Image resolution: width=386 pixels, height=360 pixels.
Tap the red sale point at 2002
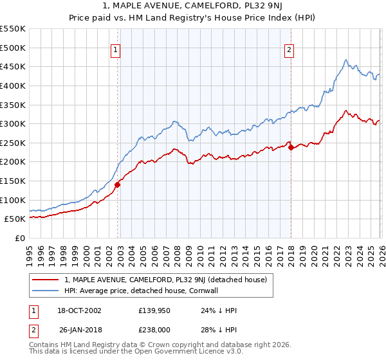[117, 184]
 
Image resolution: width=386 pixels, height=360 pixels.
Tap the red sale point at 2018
[291, 147]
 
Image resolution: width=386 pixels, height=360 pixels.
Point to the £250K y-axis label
[13, 143]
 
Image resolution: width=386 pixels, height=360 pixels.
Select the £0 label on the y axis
[19, 238]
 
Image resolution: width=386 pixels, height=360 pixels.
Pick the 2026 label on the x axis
[381, 251]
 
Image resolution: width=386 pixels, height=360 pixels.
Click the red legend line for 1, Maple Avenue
[46, 280]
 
